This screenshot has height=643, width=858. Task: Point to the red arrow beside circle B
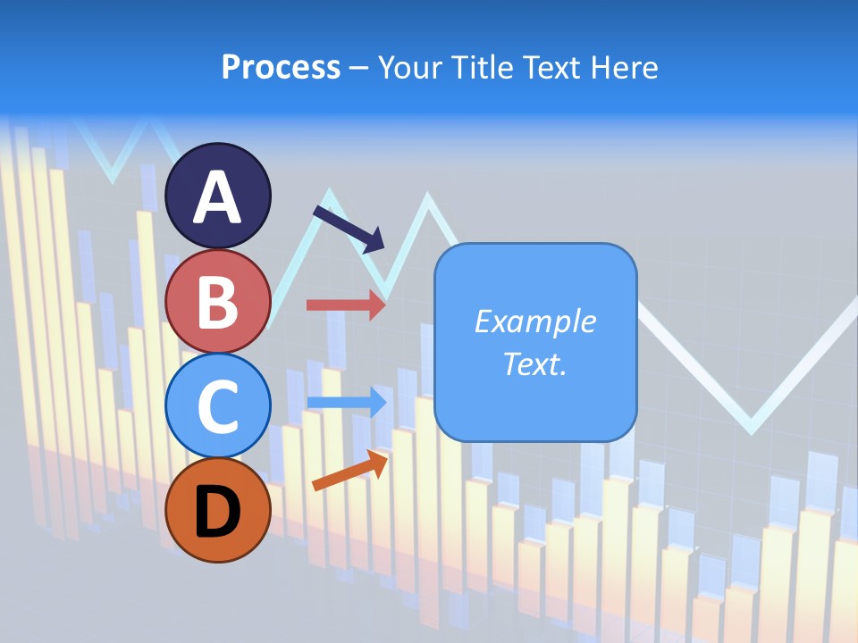coord(345,305)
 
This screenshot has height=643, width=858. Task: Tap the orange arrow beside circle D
coord(349,470)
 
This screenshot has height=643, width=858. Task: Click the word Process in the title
coord(281,67)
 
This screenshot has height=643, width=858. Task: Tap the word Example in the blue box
coord(534,321)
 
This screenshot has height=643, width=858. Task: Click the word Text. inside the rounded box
coord(534,363)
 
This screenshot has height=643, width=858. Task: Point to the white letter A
coord(217,197)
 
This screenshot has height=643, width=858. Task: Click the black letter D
coord(217,512)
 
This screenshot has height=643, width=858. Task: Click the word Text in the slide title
coord(551,67)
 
